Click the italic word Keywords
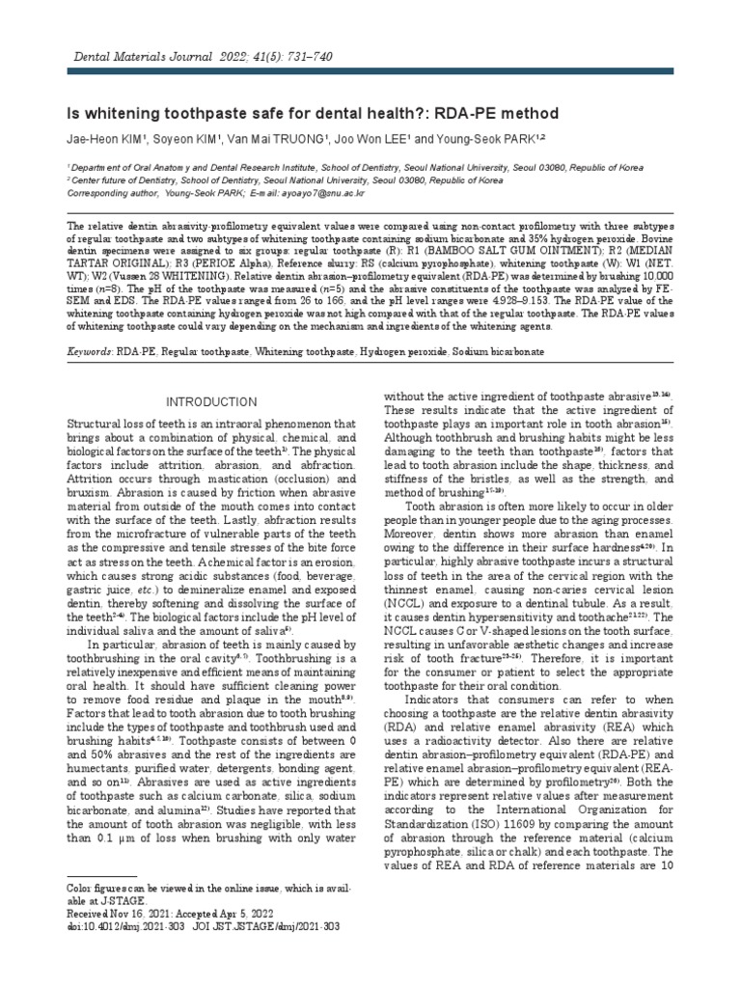coord(89,353)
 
